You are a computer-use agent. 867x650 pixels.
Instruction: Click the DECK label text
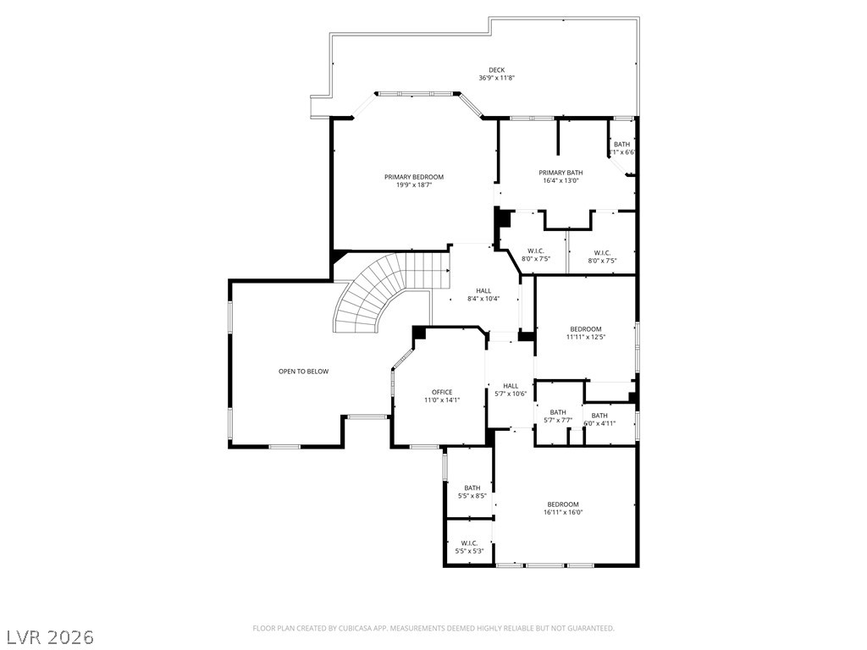click(x=496, y=70)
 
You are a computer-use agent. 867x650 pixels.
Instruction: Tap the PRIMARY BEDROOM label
click(x=414, y=177)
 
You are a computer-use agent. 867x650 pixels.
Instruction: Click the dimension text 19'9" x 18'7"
click(x=414, y=185)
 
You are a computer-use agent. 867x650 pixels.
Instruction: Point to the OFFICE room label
click(x=442, y=392)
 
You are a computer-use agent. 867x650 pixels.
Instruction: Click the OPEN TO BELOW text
click(x=303, y=372)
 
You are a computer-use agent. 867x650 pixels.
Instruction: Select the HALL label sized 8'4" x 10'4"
click(x=483, y=291)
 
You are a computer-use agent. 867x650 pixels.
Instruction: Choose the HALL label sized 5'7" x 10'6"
click(x=511, y=386)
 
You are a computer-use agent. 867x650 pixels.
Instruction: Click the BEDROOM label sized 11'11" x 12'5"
click(x=586, y=329)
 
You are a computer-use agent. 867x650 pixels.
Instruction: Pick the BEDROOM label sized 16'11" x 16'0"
click(x=563, y=504)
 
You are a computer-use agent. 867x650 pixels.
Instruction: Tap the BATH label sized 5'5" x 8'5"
click(x=472, y=487)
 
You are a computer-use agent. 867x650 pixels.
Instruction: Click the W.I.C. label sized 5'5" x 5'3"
click(x=469, y=543)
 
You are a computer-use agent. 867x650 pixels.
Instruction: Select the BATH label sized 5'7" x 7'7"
click(x=558, y=412)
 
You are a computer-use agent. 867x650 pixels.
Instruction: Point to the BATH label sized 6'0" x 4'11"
click(x=599, y=416)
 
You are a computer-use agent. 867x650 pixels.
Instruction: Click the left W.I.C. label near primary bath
click(x=535, y=251)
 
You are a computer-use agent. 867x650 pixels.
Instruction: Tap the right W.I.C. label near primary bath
click(x=602, y=252)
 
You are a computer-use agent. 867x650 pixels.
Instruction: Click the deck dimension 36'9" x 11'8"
click(x=496, y=78)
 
